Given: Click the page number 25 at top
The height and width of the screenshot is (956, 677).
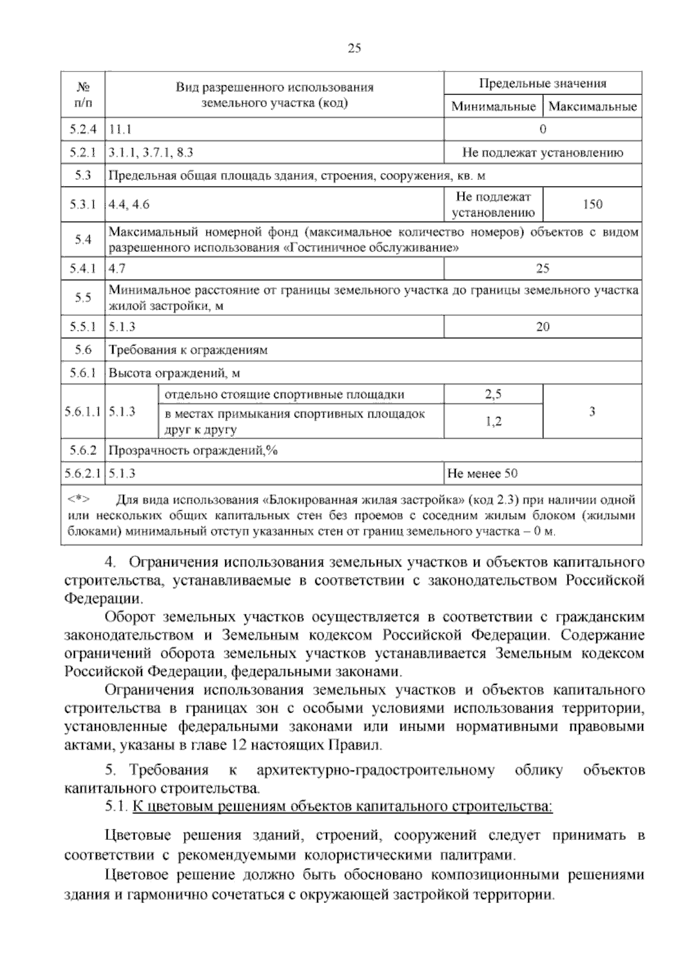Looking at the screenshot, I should pyautogui.click(x=354, y=48).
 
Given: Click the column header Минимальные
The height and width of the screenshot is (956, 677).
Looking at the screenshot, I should pyautogui.click(x=493, y=107).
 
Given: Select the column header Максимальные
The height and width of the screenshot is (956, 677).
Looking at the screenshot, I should pyautogui.click(x=592, y=107).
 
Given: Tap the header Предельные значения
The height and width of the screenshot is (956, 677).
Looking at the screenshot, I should pyautogui.click(x=543, y=84).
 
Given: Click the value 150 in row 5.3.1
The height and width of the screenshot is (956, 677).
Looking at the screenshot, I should pyautogui.click(x=592, y=205).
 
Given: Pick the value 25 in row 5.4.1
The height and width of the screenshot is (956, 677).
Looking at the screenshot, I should pyautogui.click(x=543, y=268).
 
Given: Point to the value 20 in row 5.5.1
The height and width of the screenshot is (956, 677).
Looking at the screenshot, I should pyautogui.click(x=543, y=327).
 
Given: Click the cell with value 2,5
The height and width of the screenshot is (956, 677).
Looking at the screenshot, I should pyautogui.click(x=493, y=395).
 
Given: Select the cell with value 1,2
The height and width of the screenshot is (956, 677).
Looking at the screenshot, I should pyautogui.click(x=493, y=422).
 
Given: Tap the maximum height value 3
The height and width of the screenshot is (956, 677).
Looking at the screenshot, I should pyautogui.click(x=592, y=412).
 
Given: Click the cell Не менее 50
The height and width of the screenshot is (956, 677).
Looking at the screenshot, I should pyautogui.click(x=482, y=473).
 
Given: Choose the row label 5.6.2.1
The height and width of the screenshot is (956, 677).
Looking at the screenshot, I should pyautogui.click(x=83, y=473).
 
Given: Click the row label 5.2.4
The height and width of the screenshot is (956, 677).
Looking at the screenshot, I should pyautogui.click(x=83, y=130).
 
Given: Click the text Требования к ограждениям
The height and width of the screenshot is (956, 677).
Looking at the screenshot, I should pyautogui.click(x=188, y=350).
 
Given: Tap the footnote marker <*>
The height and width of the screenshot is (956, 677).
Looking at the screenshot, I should pyautogui.click(x=79, y=499).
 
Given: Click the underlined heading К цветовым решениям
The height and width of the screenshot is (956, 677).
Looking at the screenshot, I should pyautogui.click(x=342, y=807).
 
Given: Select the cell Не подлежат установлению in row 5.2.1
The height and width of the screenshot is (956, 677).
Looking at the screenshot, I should pyautogui.click(x=543, y=153).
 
